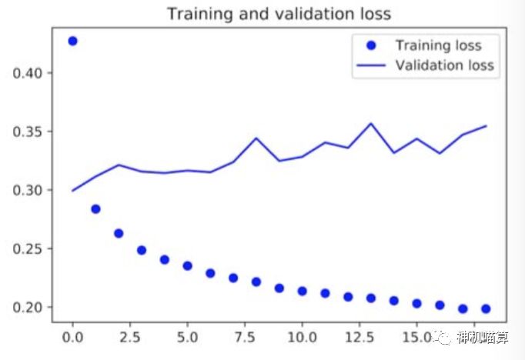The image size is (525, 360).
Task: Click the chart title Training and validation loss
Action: click(279, 14)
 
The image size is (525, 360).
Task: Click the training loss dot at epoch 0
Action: click(72, 41)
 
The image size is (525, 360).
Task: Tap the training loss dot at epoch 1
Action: click(95, 208)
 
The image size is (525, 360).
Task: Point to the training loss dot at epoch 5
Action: click(187, 265)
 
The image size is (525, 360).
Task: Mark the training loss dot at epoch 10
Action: click(302, 291)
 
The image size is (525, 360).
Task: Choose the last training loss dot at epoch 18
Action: click(486, 308)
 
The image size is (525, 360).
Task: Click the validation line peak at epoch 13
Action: click(371, 123)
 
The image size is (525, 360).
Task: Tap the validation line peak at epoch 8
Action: click(256, 138)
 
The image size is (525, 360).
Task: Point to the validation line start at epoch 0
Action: click(72, 190)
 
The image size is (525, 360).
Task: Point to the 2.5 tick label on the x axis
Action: click(130, 338)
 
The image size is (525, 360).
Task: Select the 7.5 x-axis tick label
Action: click(245, 338)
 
